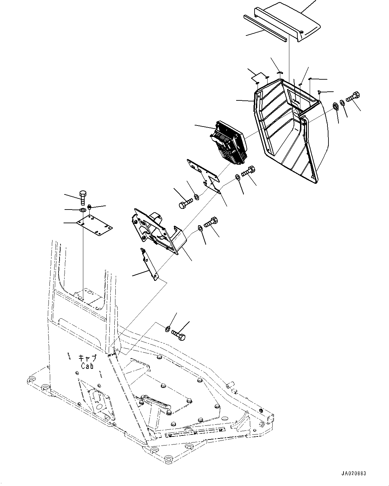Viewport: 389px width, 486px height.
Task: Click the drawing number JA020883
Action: click(354, 474)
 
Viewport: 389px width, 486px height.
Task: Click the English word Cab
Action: click(88, 366)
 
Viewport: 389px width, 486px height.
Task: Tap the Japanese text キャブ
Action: click(88, 358)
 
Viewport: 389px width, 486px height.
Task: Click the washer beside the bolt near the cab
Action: click(168, 329)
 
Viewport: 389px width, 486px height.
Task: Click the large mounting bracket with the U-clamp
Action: click(157, 231)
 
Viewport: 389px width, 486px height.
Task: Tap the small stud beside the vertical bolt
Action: click(90, 208)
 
